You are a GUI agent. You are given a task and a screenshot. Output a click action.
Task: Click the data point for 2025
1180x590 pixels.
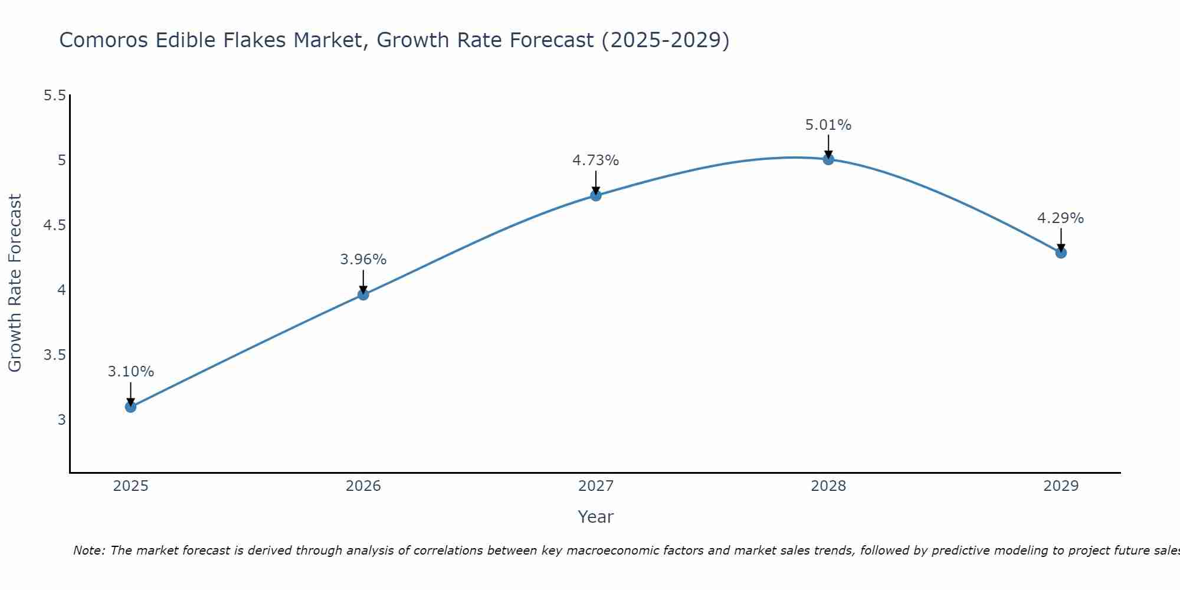click(x=131, y=407)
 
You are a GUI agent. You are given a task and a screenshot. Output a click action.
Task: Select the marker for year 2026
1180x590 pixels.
click(x=363, y=294)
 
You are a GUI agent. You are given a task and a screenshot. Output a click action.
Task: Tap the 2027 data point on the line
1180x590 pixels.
click(x=596, y=195)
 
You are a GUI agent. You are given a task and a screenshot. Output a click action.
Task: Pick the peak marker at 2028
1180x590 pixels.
click(x=828, y=159)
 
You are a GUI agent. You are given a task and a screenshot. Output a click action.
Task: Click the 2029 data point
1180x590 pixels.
click(x=1061, y=253)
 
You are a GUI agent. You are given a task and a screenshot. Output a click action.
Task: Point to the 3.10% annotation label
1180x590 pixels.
click(x=131, y=372)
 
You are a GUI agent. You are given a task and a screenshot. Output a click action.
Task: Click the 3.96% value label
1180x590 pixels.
click(x=363, y=260)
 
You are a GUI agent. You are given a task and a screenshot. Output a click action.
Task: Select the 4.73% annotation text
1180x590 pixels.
click(x=596, y=160)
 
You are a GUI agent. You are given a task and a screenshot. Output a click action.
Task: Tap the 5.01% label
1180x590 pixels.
click(x=828, y=125)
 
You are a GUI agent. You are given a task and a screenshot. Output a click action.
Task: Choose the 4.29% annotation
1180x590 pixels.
click(x=1061, y=218)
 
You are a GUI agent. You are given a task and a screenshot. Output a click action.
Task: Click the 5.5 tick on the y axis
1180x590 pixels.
click(x=55, y=96)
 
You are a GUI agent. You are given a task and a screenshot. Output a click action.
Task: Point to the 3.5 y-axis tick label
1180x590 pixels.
click(x=55, y=355)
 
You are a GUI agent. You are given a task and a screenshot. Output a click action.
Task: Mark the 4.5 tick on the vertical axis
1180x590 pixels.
click(x=55, y=225)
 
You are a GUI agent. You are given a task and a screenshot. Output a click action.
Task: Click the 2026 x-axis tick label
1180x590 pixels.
click(x=363, y=486)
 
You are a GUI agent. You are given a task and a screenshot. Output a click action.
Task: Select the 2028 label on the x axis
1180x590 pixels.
click(x=828, y=486)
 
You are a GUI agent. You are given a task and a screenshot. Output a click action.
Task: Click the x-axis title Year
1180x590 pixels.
click(x=596, y=517)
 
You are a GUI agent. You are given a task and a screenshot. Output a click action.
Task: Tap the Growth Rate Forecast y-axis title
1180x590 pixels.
click(x=15, y=283)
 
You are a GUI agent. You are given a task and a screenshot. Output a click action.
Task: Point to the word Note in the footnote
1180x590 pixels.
click(x=88, y=550)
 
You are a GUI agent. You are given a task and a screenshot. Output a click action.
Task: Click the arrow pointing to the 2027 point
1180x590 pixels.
click(x=596, y=182)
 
